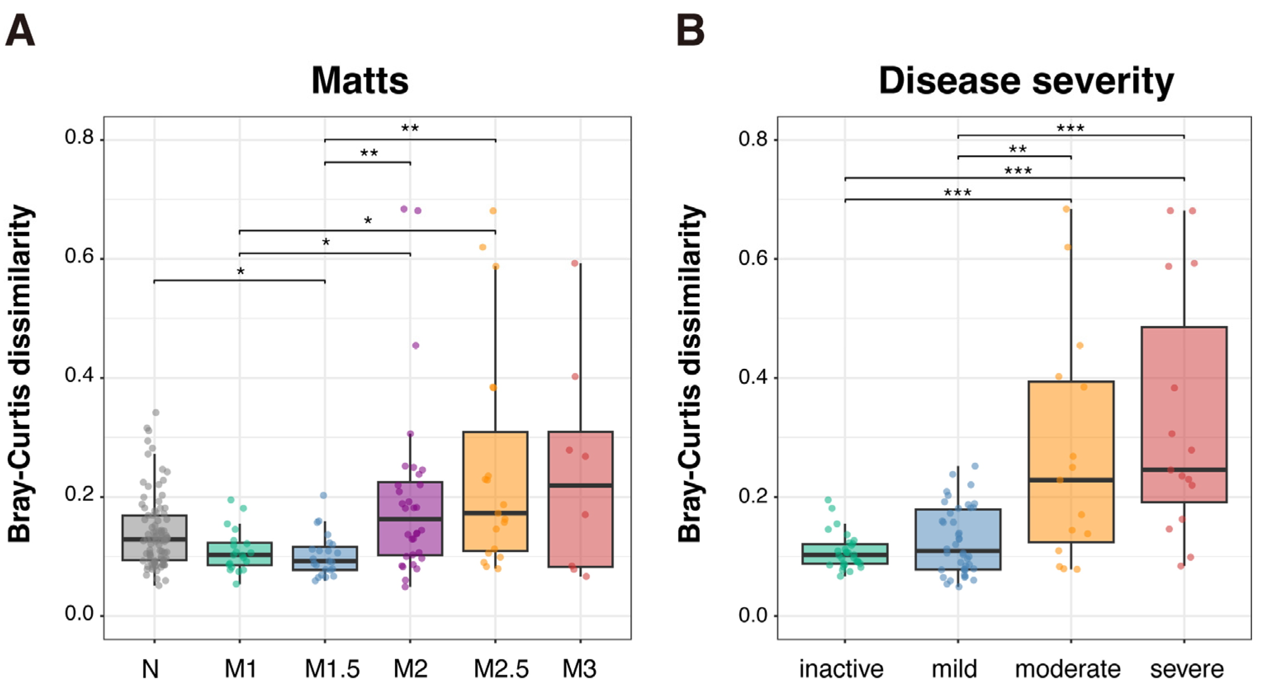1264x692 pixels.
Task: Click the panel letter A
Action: coord(20,31)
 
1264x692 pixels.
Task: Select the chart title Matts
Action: coord(360,80)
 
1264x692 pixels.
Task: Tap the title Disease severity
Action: coord(1026,80)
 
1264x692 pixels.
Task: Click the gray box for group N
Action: coord(154,538)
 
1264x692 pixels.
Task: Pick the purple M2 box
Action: coord(410,518)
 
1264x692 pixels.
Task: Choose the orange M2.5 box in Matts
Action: coord(495,491)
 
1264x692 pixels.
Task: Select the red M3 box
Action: coord(580,499)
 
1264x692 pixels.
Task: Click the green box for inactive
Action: coord(845,554)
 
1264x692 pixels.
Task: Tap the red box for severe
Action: coord(1184,414)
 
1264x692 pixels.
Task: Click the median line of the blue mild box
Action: coord(958,551)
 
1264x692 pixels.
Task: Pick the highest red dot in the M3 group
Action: coord(575,263)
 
